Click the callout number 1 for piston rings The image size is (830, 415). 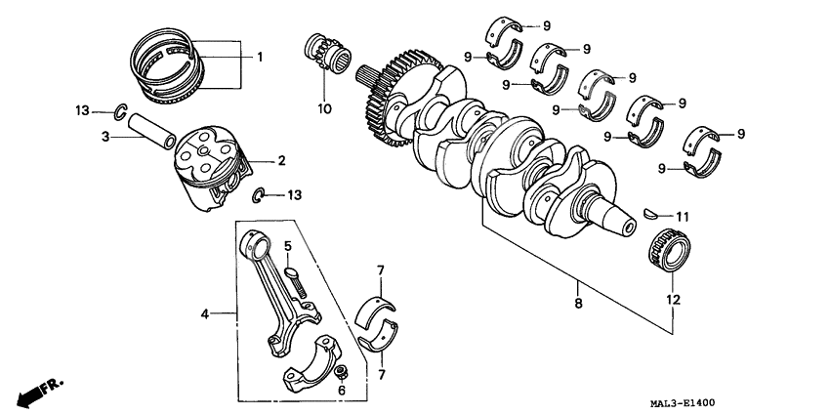coord(260,58)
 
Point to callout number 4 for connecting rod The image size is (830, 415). coord(205,314)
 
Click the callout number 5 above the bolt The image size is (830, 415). coord(288,245)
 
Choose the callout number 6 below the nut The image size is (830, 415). coord(341,390)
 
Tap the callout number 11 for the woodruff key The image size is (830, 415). coord(683,215)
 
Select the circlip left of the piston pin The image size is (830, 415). coord(117,110)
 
